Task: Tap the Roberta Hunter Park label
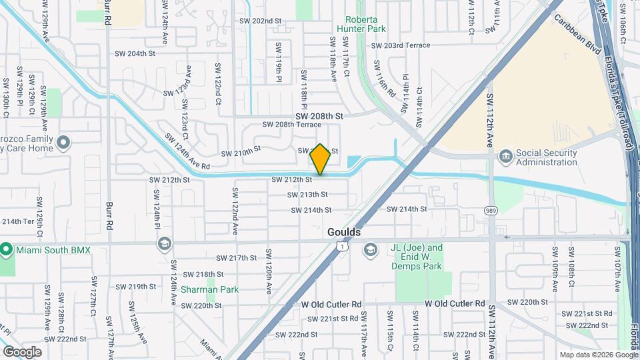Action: coord(366,25)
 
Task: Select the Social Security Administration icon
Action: coord(505,157)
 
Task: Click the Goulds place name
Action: coord(344,232)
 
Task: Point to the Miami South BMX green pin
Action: coord(7,250)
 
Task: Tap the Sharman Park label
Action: coord(209,289)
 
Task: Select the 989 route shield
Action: coord(491,210)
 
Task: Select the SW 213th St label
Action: coord(307,195)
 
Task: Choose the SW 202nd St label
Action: coord(261,21)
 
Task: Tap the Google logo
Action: coord(22,352)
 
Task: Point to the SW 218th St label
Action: coord(203,274)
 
